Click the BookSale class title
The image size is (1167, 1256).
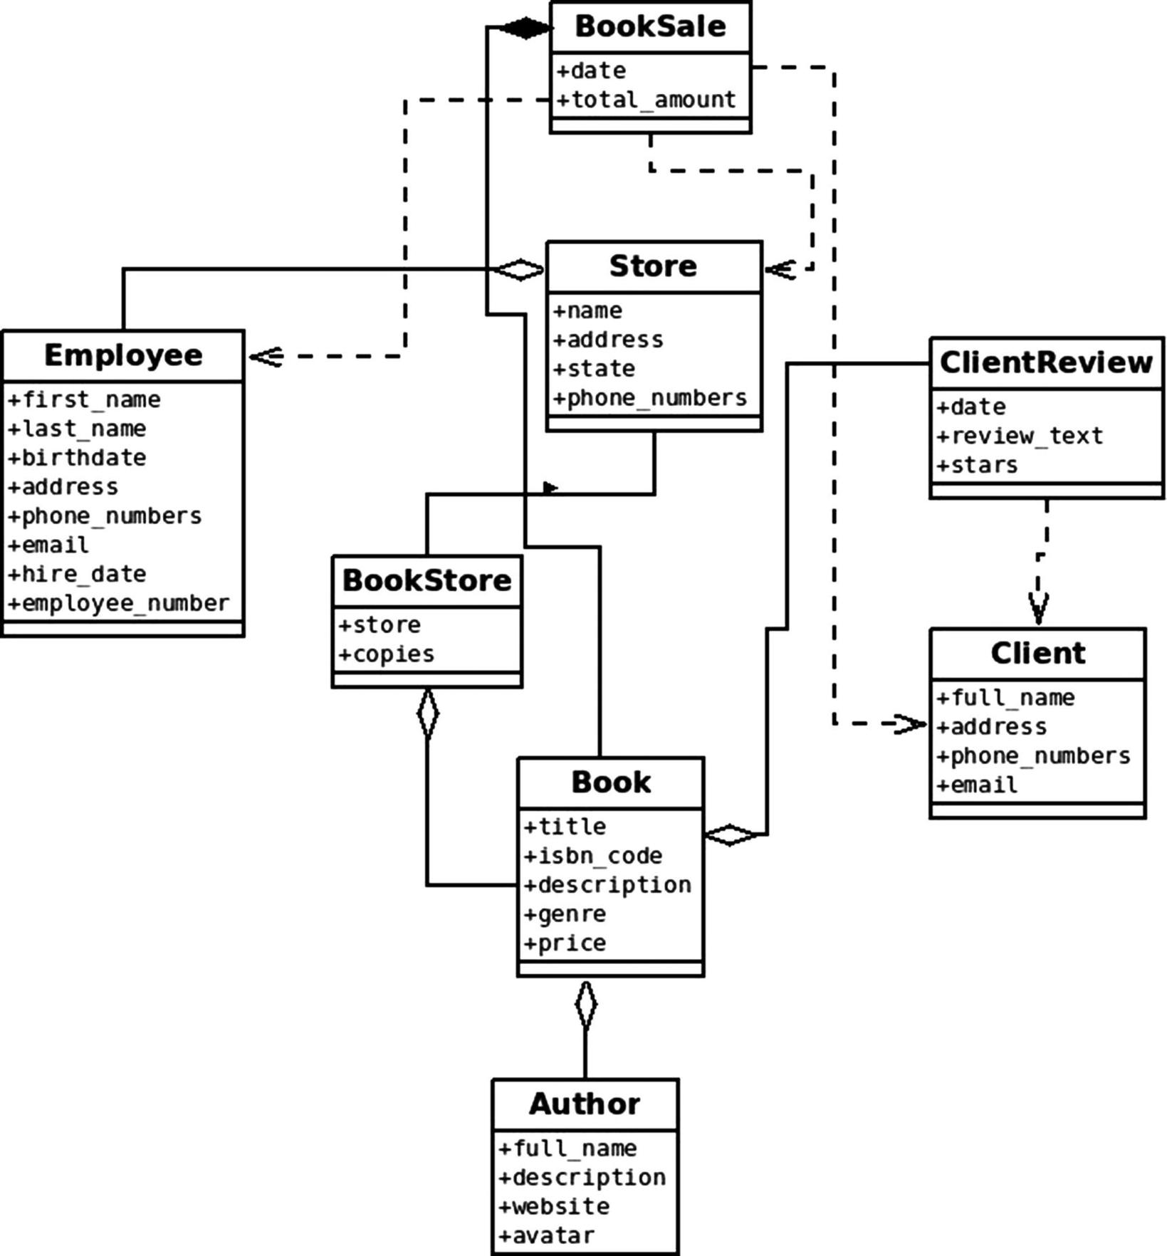point(650,26)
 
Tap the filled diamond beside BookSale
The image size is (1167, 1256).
point(525,28)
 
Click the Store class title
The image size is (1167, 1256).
point(653,266)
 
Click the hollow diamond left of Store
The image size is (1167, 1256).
point(519,270)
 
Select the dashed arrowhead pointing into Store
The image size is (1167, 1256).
point(780,270)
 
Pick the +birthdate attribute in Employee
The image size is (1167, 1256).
point(77,458)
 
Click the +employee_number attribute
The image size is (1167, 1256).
point(119,604)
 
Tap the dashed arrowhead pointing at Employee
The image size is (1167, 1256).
point(266,356)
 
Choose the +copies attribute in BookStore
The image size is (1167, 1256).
point(387,654)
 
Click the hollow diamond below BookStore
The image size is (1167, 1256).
point(427,713)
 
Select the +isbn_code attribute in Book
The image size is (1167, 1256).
point(593,856)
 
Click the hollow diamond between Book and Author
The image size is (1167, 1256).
point(585,1005)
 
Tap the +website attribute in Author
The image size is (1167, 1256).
point(554,1207)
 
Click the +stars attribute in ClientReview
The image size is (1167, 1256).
point(977,466)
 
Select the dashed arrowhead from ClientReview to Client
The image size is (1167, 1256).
point(1038,609)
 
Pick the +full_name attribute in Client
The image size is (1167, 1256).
point(1005,698)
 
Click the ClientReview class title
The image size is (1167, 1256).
point(1046,362)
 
